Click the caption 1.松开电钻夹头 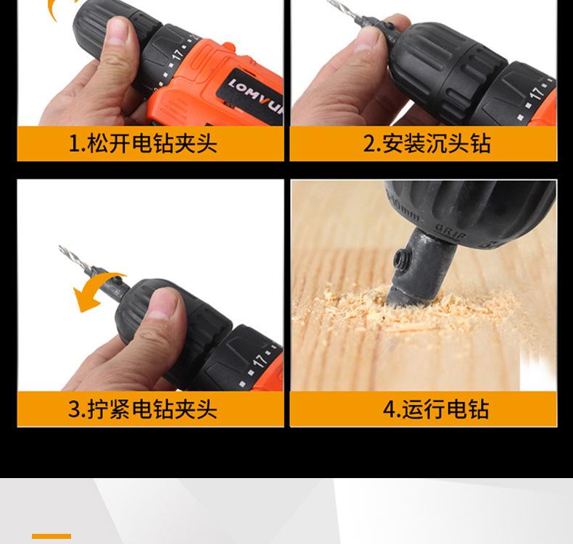(x=143, y=143)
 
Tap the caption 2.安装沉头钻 (x=426, y=143)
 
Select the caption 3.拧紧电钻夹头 (x=143, y=409)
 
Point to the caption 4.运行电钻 (x=436, y=409)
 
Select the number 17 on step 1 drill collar (x=178, y=54)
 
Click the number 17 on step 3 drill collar (x=260, y=361)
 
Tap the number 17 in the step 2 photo (x=537, y=93)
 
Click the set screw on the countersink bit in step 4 (x=399, y=259)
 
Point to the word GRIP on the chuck (x=451, y=233)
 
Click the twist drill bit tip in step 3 (x=59, y=246)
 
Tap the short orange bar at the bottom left (x=51, y=536)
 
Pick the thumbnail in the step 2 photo (x=369, y=38)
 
